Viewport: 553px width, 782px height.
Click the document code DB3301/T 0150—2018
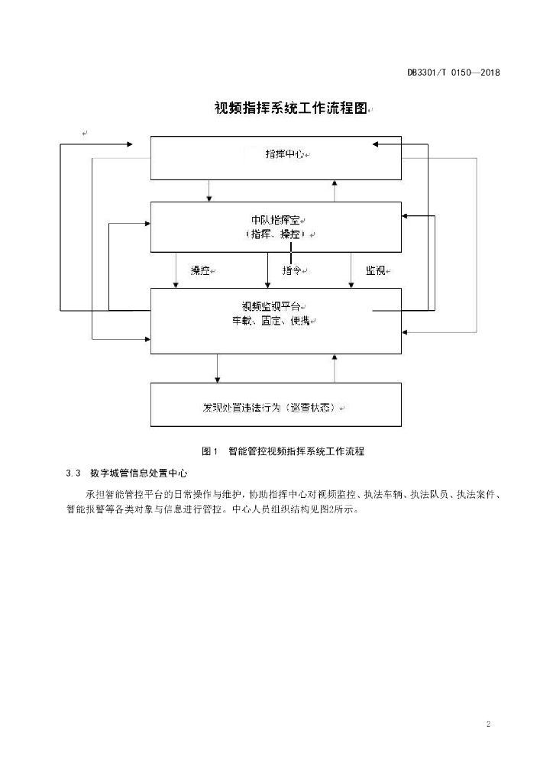coord(453,73)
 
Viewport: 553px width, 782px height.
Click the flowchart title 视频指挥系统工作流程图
coord(291,108)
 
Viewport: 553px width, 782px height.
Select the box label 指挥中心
coord(285,154)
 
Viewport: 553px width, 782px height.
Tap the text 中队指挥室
coord(276,219)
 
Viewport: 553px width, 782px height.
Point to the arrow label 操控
coord(200,270)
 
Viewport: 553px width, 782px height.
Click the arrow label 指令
coord(292,270)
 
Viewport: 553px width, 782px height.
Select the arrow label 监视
coord(376,270)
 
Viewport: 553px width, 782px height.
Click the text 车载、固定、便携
coord(271,322)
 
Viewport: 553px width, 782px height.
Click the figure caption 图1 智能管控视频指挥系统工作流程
coord(283,451)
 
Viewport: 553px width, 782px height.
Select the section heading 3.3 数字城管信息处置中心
coord(126,473)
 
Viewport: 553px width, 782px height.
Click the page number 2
coord(488,724)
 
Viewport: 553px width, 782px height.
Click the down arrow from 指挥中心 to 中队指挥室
coord(209,190)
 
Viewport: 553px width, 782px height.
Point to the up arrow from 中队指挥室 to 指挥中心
coord(335,190)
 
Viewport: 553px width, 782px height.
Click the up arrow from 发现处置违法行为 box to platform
coord(335,369)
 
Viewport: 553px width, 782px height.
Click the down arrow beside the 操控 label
coord(176,270)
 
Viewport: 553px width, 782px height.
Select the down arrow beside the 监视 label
coord(351,270)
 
